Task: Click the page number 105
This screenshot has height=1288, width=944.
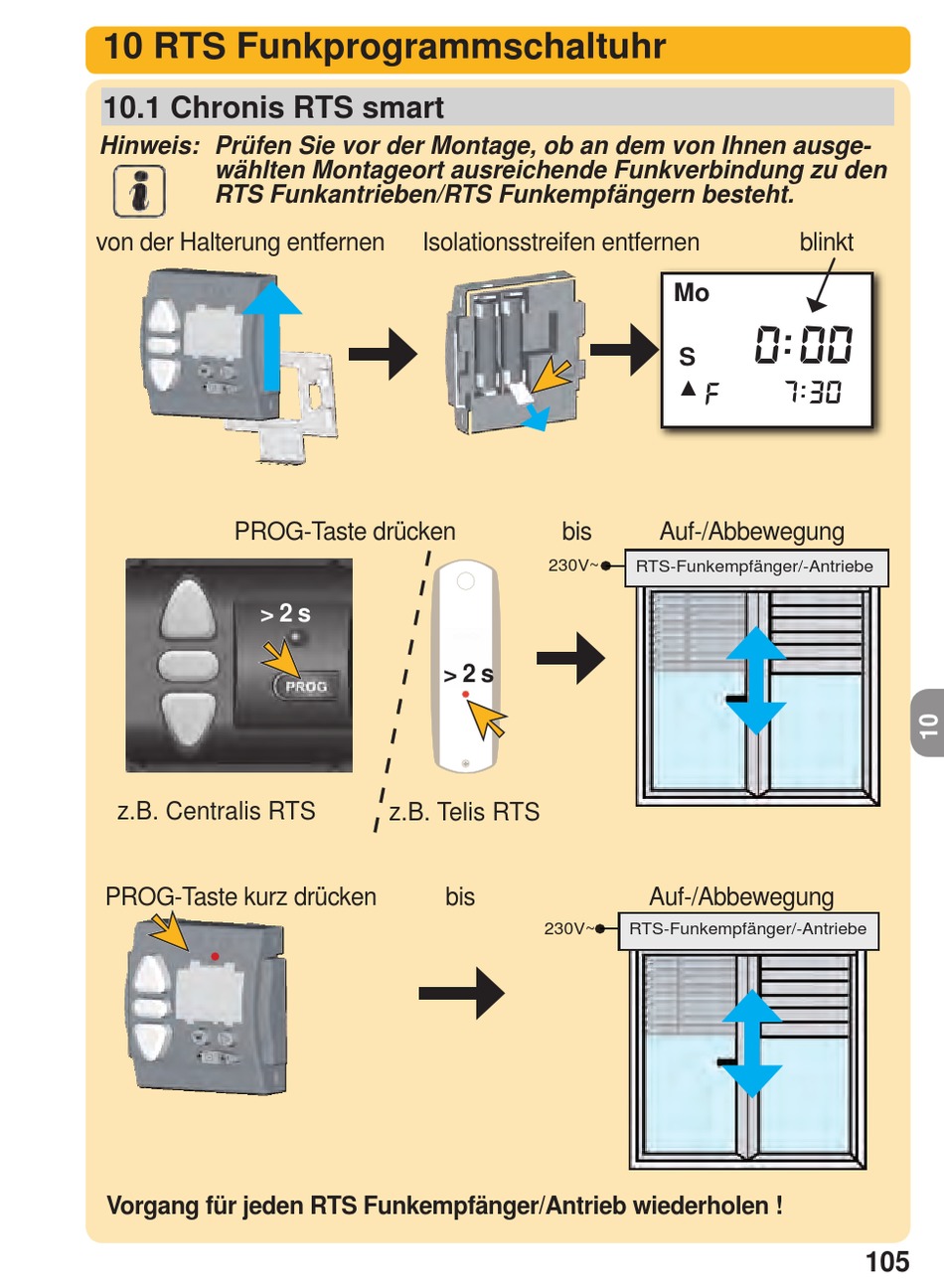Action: click(x=886, y=1261)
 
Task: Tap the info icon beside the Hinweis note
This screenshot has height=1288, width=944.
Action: click(x=139, y=191)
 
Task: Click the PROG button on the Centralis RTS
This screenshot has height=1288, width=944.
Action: click(x=305, y=687)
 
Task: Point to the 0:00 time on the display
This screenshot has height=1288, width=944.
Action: click(x=803, y=345)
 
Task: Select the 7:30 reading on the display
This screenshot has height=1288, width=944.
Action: click(x=813, y=393)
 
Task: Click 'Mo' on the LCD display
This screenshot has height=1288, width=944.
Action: click(x=692, y=293)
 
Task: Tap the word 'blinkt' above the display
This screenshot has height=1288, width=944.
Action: click(x=826, y=242)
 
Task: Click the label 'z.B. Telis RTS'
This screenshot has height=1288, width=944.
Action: click(x=464, y=812)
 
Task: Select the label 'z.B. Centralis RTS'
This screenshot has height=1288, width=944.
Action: click(x=216, y=811)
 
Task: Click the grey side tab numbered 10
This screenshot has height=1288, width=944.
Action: click(x=928, y=724)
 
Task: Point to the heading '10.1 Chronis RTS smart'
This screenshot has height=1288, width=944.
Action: click(x=273, y=107)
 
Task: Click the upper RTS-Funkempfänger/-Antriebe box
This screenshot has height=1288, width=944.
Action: click(x=754, y=567)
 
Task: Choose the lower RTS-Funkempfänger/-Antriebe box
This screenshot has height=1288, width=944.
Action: click(x=747, y=930)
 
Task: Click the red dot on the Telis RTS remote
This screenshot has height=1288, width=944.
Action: click(x=465, y=694)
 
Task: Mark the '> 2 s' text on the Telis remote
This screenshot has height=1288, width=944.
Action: click(x=468, y=675)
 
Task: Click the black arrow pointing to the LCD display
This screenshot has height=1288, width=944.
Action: click(x=624, y=349)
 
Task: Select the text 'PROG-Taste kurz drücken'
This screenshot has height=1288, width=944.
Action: click(x=240, y=896)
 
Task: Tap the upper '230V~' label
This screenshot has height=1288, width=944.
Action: click(x=573, y=565)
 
